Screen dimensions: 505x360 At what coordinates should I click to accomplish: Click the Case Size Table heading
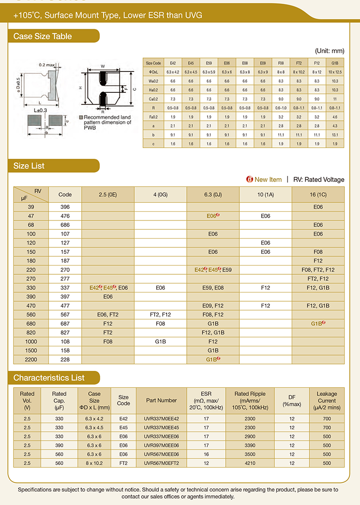point(43,36)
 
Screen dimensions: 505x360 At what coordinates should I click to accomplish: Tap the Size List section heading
point(29,166)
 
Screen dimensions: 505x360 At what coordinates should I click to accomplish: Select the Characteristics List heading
point(49,377)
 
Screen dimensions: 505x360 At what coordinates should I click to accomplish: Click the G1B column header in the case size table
point(334,63)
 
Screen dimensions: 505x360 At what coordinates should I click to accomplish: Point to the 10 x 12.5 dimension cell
point(334,71)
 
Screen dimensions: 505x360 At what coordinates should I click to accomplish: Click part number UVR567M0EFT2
point(161,463)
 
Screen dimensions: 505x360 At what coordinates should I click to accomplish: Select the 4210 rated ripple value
point(250,463)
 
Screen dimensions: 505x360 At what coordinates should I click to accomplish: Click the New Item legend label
point(268,180)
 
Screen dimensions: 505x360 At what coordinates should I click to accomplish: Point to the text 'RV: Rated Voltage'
point(319,180)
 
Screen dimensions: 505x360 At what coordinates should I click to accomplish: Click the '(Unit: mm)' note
point(329,51)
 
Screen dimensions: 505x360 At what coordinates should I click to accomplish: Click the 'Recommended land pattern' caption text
point(107,123)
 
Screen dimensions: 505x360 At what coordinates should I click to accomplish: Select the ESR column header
point(206,400)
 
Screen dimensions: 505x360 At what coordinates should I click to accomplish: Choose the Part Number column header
point(161,400)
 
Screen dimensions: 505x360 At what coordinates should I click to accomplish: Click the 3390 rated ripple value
point(250,445)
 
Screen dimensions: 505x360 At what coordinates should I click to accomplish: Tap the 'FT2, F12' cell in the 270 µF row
point(318,278)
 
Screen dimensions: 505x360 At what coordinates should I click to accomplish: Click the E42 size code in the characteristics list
point(123,418)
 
